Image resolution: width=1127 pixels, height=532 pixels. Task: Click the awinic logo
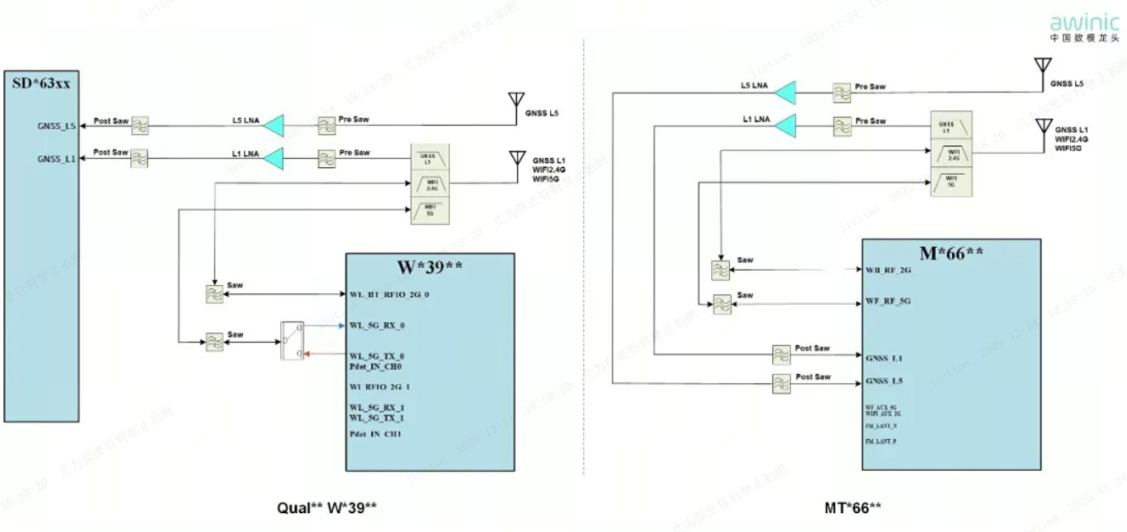[x=1085, y=26]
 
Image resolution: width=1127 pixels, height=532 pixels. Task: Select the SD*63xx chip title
[x=41, y=83]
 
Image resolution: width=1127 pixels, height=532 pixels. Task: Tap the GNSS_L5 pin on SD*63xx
[x=57, y=126]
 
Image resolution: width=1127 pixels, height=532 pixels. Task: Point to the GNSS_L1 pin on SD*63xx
[x=57, y=157]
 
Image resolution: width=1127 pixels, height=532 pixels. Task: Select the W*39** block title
[x=430, y=267]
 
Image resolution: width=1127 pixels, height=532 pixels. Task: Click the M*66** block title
[x=951, y=252]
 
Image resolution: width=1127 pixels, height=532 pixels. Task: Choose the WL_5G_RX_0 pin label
[x=377, y=325]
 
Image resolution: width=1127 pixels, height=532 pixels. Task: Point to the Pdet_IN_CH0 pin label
[x=375, y=366]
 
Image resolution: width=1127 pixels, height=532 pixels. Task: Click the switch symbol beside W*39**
[x=293, y=339]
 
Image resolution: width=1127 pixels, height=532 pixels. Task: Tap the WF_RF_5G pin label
[x=888, y=301]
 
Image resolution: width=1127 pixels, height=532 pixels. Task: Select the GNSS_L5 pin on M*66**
[x=884, y=381]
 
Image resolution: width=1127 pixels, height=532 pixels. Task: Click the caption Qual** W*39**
[x=326, y=507]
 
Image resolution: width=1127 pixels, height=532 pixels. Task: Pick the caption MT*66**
[x=852, y=507]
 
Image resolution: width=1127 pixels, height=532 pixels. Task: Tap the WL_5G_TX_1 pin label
[x=377, y=418]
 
